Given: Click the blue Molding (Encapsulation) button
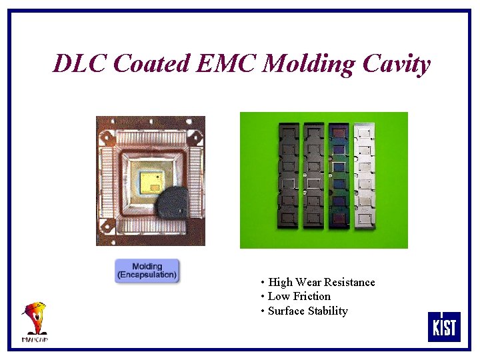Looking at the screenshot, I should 147,271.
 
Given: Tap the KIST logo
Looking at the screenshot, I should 444,327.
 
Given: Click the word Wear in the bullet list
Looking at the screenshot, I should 309,283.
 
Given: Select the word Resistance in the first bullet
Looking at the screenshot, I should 349,283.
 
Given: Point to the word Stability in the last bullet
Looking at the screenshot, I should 327,311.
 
